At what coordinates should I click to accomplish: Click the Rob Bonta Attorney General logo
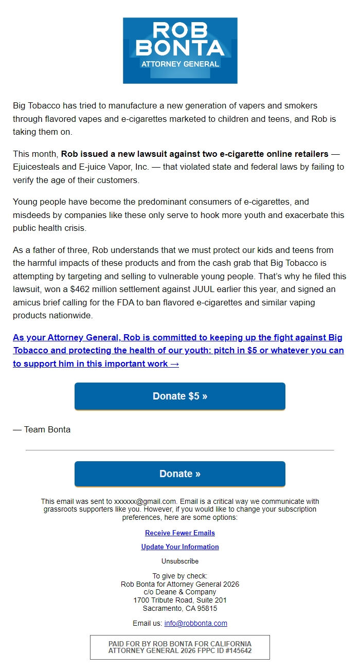point(180,50)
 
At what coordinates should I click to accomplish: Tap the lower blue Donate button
point(180,474)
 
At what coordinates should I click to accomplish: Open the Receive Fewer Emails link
point(180,533)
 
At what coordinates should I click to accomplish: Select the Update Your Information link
point(180,547)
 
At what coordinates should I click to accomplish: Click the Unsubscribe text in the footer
point(180,561)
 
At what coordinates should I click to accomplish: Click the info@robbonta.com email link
point(195,623)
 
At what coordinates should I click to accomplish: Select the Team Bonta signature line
point(42,429)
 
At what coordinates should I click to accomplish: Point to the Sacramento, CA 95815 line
point(180,608)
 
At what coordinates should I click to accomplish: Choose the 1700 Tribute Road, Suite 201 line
point(180,600)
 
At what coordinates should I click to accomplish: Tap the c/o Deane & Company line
point(180,592)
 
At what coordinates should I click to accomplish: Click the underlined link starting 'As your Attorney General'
point(177,351)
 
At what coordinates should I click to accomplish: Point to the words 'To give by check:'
point(180,576)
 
